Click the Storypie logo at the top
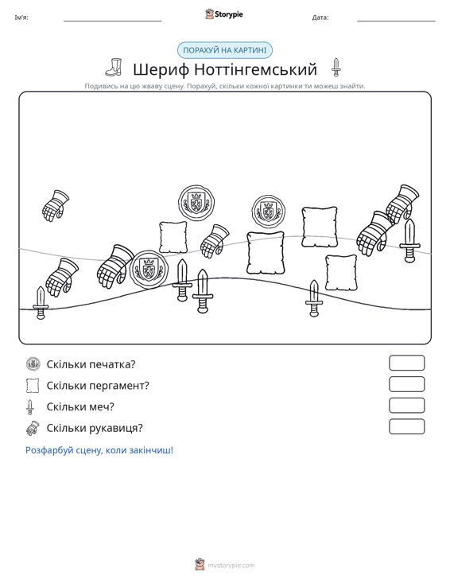(x=224, y=14)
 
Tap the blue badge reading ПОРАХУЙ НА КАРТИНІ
(x=225, y=50)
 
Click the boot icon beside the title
(x=114, y=68)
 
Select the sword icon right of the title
(x=336, y=68)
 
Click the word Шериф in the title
(x=161, y=69)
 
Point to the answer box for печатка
(x=406, y=363)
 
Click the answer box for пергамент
(x=406, y=384)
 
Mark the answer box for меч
(x=406, y=406)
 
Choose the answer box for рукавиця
(x=406, y=426)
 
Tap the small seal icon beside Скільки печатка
(x=33, y=363)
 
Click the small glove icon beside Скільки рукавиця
(x=33, y=428)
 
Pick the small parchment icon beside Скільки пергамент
(x=33, y=385)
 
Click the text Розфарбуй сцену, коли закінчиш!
(x=99, y=450)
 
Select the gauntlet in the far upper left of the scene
(x=56, y=206)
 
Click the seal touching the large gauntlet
(x=149, y=269)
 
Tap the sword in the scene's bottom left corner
(x=41, y=303)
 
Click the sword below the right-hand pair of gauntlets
(x=409, y=240)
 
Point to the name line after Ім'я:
(x=113, y=21)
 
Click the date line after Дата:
(x=396, y=21)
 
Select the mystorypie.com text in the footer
(x=231, y=566)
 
